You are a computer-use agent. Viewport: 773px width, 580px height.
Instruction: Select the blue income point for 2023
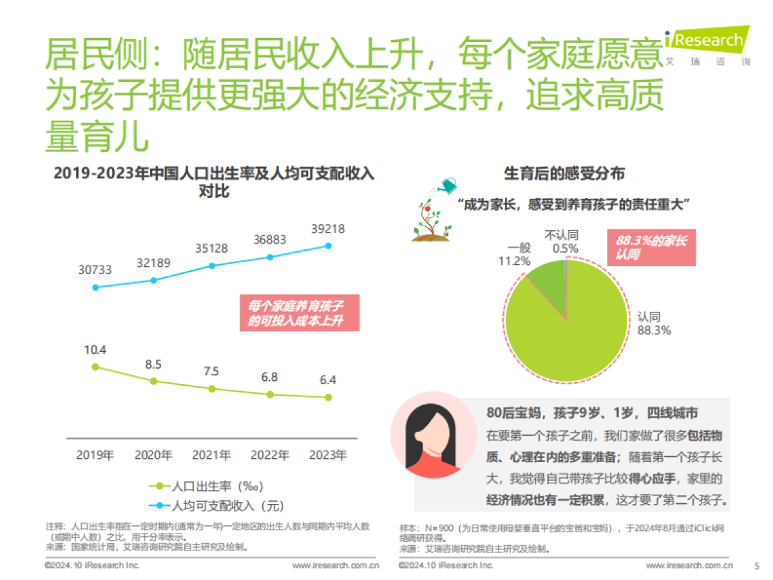(329, 246)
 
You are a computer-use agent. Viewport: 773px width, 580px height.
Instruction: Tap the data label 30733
(95, 270)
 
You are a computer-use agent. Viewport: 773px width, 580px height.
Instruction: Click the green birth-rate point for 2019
(95, 367)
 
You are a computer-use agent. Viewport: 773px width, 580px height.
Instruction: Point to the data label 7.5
(211, 371)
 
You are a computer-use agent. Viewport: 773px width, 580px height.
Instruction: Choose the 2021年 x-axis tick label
(211, 456)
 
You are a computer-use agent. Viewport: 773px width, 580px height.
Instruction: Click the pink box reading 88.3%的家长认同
(651, 248)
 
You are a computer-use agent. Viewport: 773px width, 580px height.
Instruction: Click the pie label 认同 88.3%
(654, 324)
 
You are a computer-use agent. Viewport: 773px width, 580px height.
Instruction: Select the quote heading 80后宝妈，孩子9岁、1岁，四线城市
(592, 413)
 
